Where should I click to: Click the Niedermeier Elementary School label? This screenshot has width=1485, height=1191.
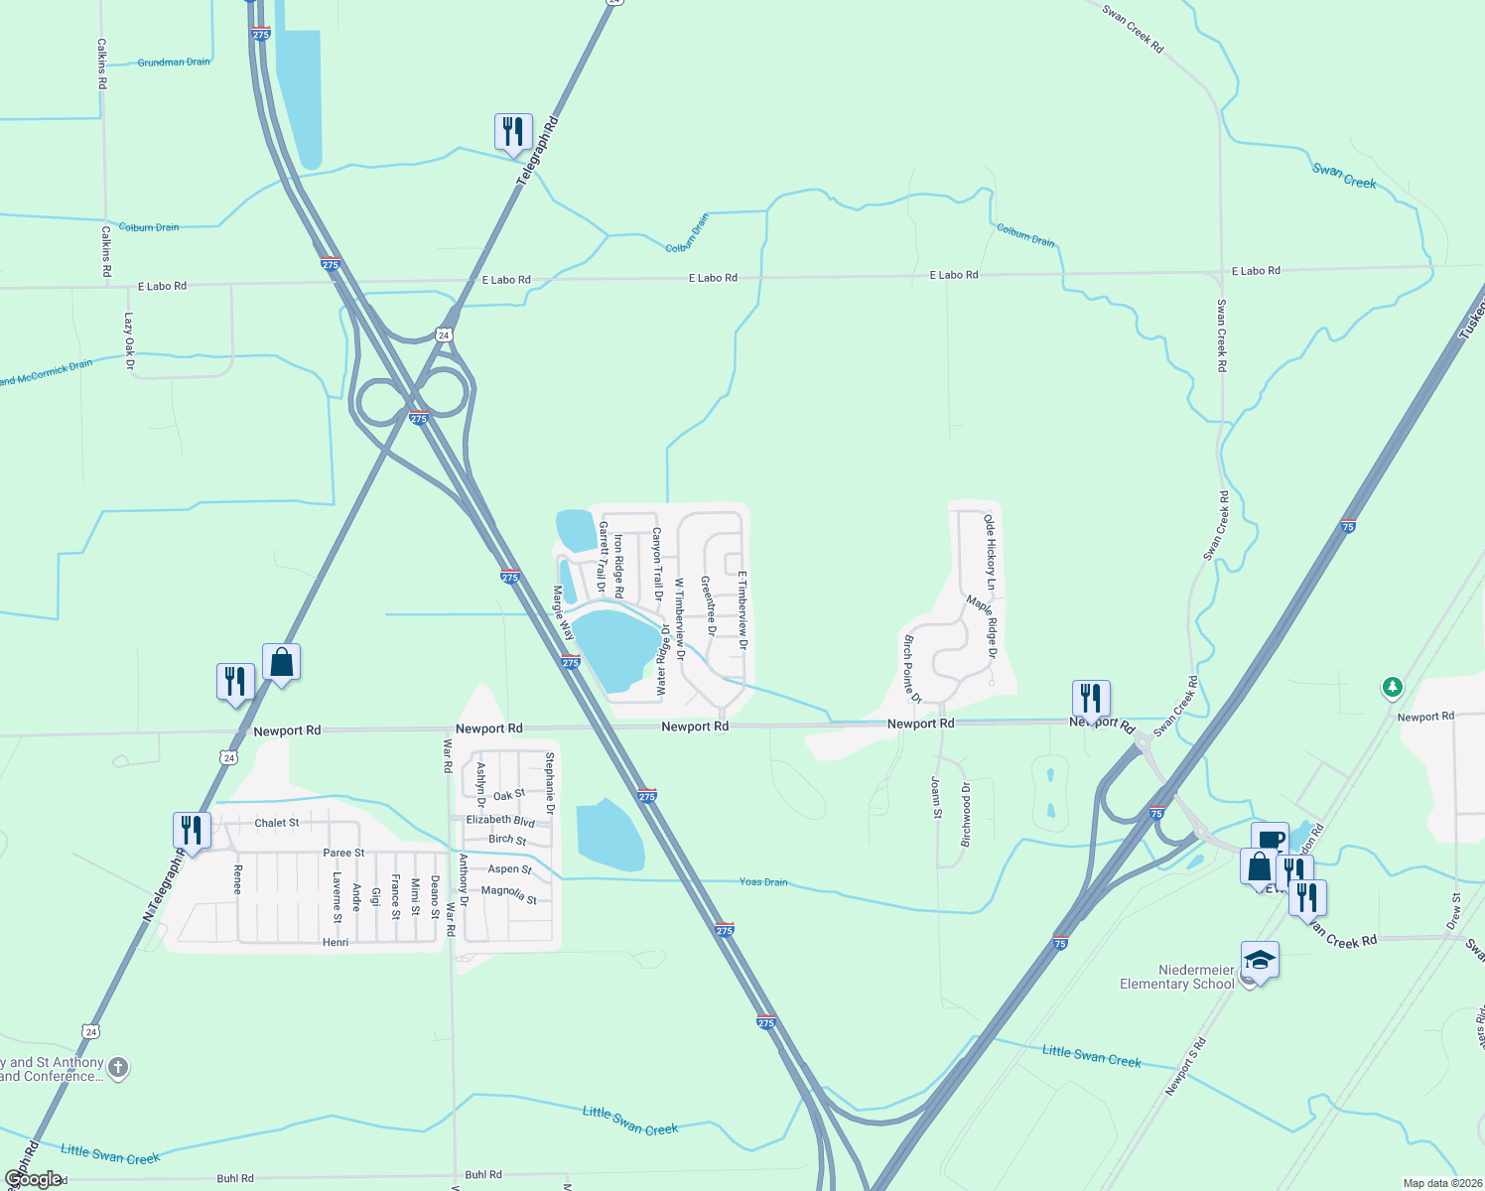click(1177, 977)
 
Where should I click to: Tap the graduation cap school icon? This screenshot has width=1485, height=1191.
click(1260, 961)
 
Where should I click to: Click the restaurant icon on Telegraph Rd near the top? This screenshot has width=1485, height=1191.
click(513, 132)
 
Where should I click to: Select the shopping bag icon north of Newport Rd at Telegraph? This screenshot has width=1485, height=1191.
click(282, 662)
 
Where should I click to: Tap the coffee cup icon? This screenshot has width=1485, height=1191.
click(1270, 839)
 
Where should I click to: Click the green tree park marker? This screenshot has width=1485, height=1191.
click(1393, 687)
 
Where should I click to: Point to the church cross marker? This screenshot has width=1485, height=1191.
click(118, 1068)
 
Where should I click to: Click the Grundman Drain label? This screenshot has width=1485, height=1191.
click(174, 63)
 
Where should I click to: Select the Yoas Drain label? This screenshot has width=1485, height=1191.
click(763, 881)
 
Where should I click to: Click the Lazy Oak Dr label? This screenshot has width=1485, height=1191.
click(129, 341)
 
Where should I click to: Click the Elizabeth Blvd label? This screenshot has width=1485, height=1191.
click(500, 821)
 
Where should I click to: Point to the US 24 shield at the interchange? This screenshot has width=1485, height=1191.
click(444, 334)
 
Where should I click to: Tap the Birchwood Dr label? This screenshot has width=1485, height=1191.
click(966, 814)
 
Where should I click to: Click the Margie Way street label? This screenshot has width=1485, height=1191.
click(563, 613)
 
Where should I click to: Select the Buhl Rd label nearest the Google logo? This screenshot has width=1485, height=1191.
click(235, 1179)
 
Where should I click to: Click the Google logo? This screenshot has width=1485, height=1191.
click(34, 1179)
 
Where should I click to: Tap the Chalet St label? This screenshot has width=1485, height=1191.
click(277, 823)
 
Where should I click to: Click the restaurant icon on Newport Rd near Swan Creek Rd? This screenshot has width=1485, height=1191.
click(1091, 698)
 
